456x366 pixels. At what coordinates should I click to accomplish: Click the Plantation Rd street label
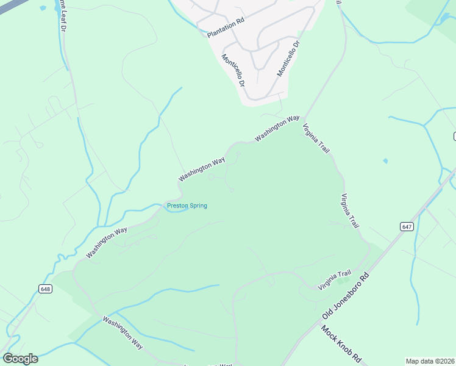coord(226,27)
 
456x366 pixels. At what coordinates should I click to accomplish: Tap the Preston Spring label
coord(187,206)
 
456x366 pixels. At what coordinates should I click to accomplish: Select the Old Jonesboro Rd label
coord(346,296)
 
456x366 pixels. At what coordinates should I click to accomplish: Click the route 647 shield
coord(407,226)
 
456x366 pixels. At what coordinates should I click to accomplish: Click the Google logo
coord(20,359)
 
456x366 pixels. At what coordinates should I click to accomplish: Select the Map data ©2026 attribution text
coord(430,361)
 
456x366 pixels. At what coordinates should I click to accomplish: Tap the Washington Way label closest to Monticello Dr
coord(277,128)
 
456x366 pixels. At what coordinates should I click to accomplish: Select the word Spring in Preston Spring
coord(198,206)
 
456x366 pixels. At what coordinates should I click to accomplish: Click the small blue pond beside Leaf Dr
coord(43,9)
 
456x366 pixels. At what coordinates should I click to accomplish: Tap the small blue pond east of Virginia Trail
coord(385,161)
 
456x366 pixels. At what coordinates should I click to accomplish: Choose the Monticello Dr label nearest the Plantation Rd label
coord(233,70)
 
